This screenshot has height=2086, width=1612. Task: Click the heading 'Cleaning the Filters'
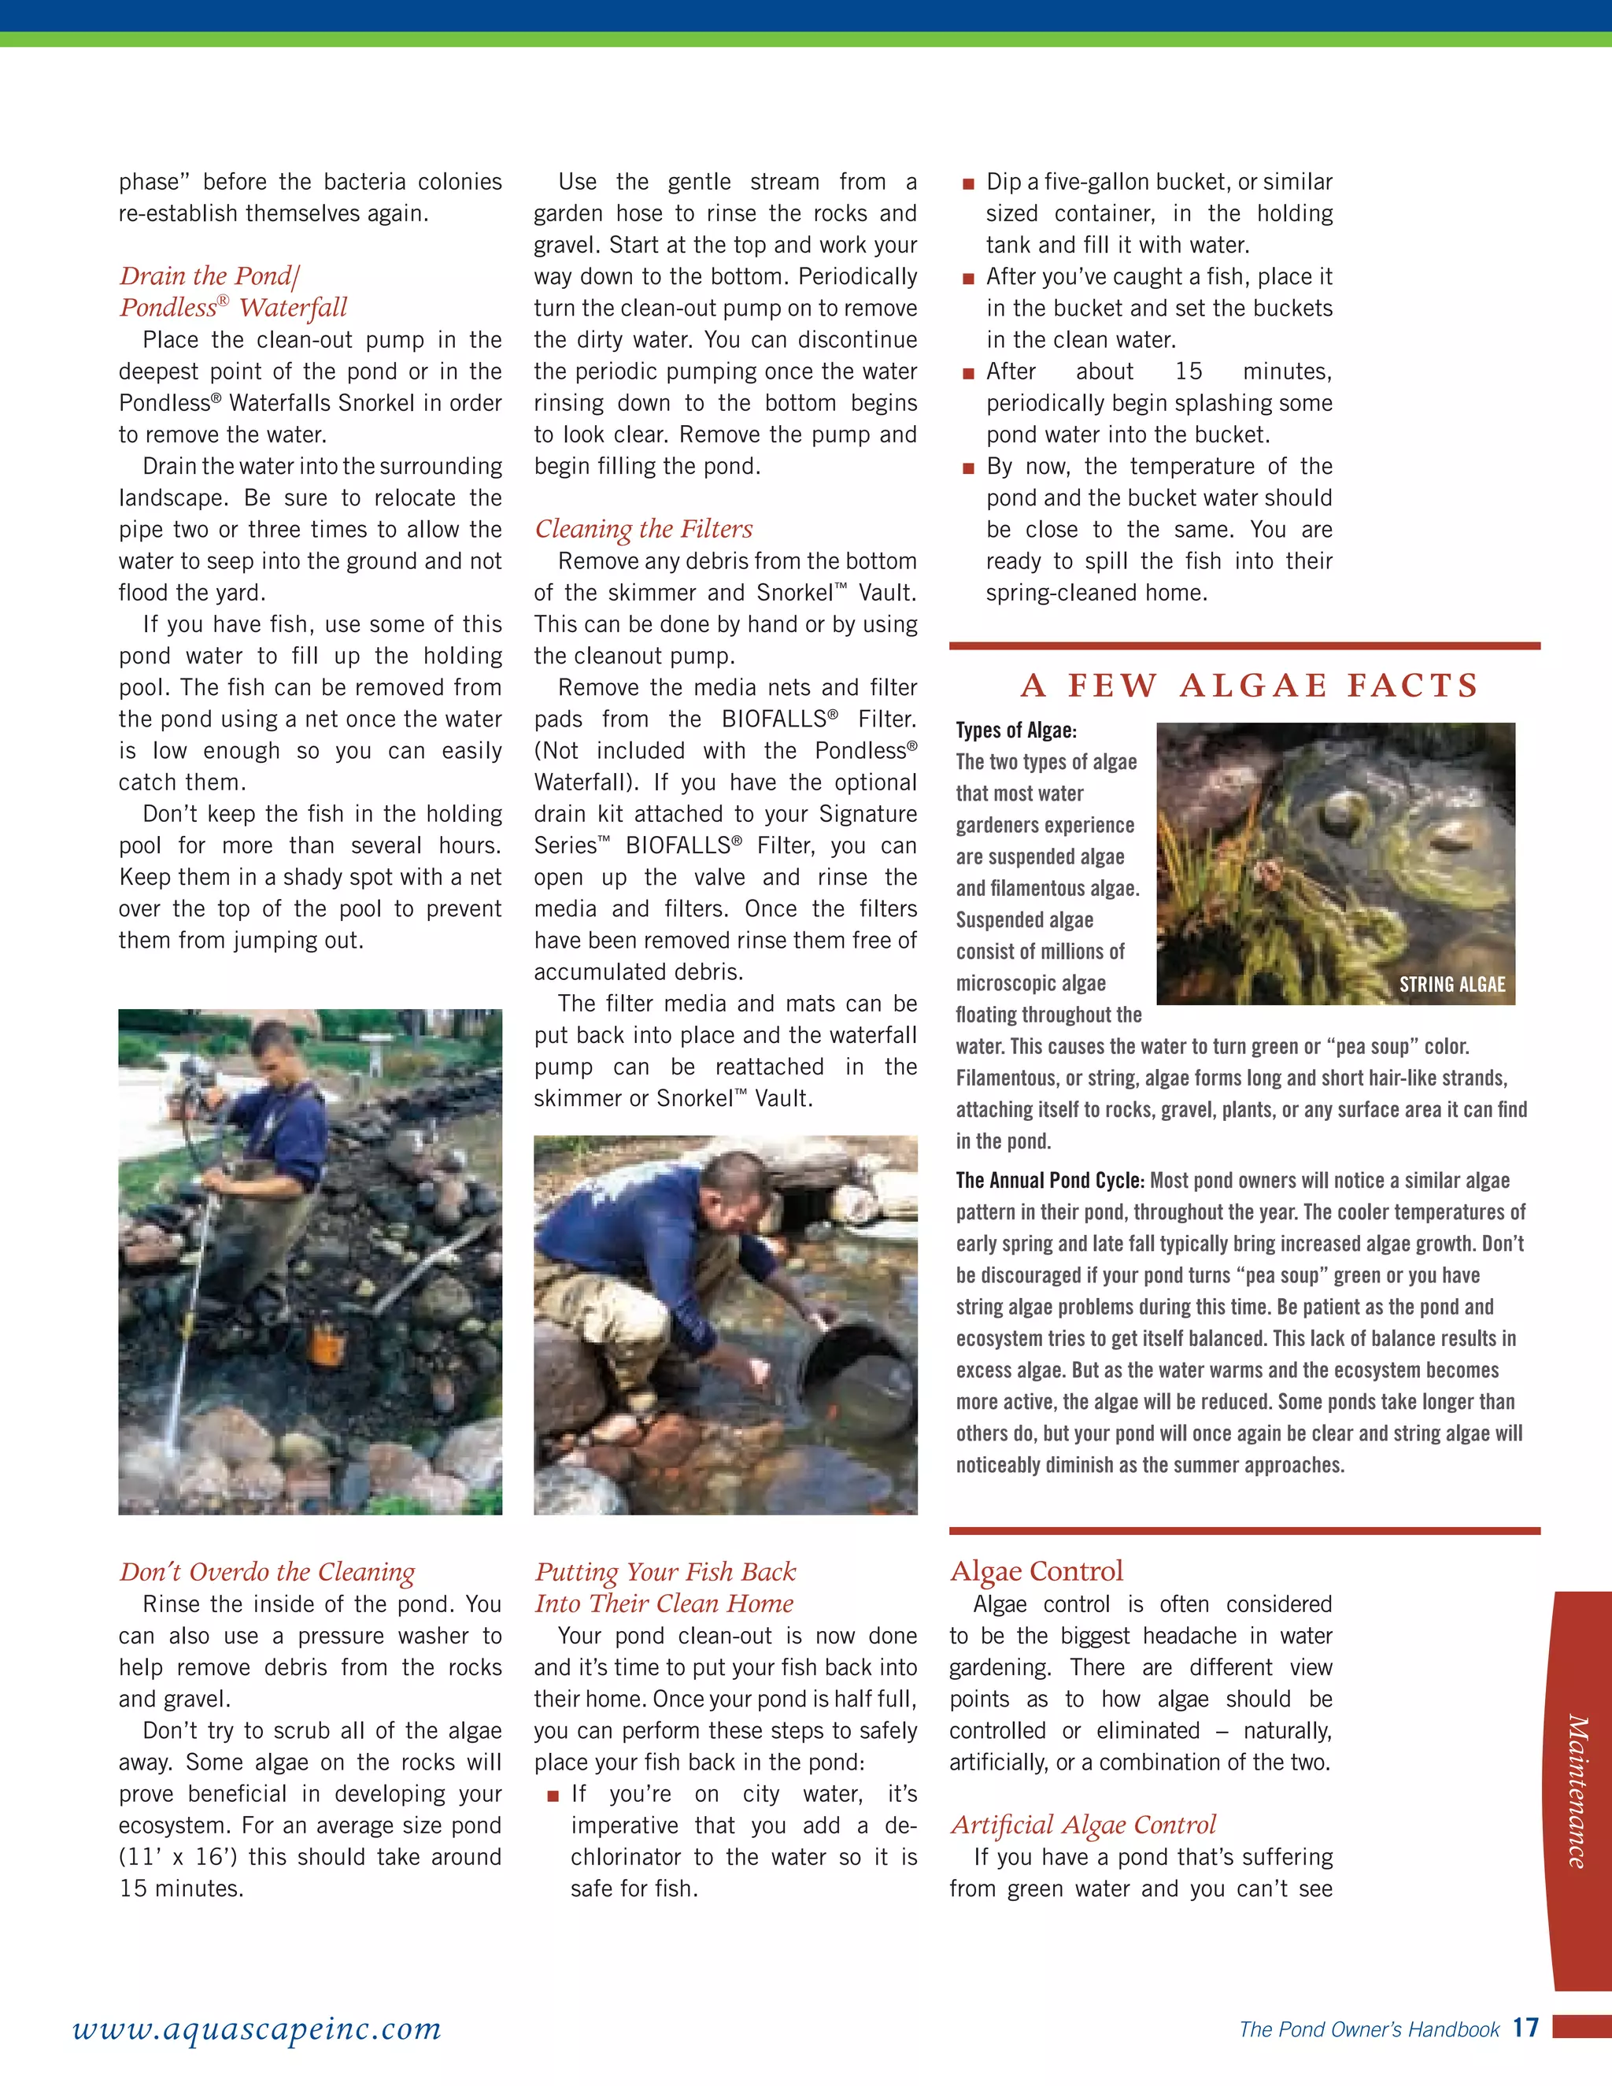[x=644, y=529]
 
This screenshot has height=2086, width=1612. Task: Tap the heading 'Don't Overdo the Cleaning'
[x=267, y=1572]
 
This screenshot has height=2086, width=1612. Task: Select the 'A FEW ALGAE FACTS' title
[x=1249, y=685]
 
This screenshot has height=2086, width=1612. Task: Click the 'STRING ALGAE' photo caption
[x=1451, y=985]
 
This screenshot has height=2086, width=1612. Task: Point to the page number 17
[x=1525, y=2028]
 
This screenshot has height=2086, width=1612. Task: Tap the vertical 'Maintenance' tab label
[x=1577, y=1790]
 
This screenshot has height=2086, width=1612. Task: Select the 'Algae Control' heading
[x=1036, y=1571]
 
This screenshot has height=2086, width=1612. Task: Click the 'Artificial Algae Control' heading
[x=1083, y=1825]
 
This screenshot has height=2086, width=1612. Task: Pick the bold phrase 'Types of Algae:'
[x=1016, y=730]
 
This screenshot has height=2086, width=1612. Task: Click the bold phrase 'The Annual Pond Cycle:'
[x=1049, y=1181]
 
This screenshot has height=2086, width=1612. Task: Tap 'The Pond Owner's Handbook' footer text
[x=1369, y=2029]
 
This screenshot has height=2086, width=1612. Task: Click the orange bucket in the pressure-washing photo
[x=327, y=1347]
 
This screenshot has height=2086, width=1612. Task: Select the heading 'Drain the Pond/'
[x=209, y=276]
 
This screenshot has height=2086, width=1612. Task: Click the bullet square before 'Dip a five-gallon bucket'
[x=968, y=183]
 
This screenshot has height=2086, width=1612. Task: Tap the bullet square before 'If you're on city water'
[x=552, y=1796]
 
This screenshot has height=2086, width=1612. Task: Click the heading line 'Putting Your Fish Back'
[x=664, y=1572]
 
